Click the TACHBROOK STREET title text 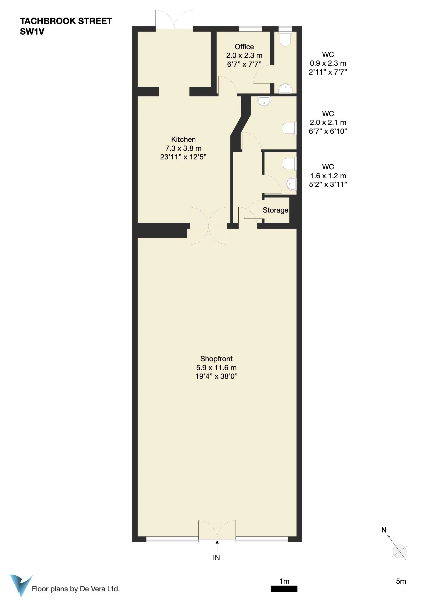click(66, 21)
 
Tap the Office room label click(244, 47)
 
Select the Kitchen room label click(183, 140)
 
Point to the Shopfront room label click(216, 359)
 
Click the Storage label click(275, 210)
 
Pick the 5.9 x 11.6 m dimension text click(216, 368)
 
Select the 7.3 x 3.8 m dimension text click(183, 148)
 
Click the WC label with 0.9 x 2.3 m click(328, 55)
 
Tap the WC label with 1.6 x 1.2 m click(328, 167)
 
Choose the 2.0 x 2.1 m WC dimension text click(328, 123)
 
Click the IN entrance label click(216, 558)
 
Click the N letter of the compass click(384, 530)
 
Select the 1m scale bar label click(284, 581)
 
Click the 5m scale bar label click(401, 581)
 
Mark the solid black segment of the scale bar click(284, 589)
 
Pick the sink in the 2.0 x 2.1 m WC click(264, 101)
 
